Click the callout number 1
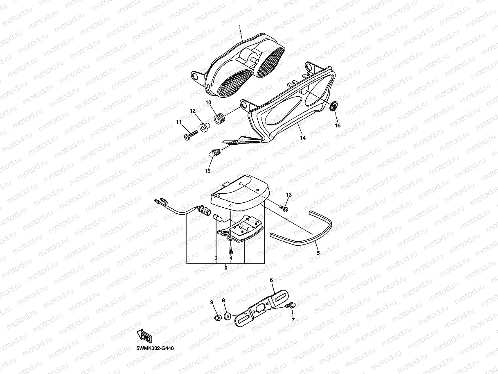[x=240, y=27]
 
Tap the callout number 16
[x=338, y=125]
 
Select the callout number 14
[x=302, y=138]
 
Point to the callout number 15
[x=207, y=170]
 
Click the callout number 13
[x=288, y=195]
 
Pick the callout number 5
[x=318, y=253]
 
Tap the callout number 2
[x=225, y=268]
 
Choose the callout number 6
[x=271, y=280]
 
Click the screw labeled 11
[x=189, y=136]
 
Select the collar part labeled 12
[x=202, y=123]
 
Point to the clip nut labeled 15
[x=213, y=153]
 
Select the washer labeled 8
[x=228, y=316]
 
